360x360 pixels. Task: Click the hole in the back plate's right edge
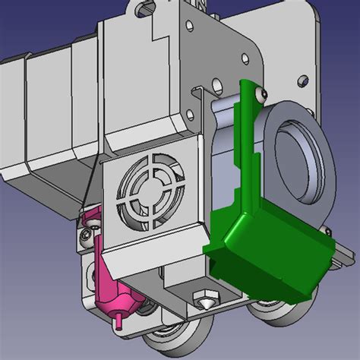(304, 78)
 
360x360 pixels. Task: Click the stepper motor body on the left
(46, 122)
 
